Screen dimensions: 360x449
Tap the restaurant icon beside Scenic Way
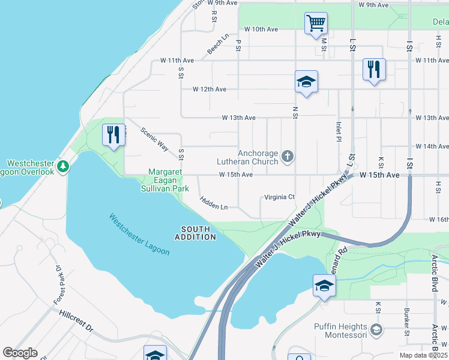(113, 135)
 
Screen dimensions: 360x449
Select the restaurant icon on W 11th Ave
(373, 70)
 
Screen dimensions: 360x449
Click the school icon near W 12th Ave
(306, 82)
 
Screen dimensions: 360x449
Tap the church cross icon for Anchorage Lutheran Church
(288, 157)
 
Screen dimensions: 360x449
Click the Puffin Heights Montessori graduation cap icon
(376, 329)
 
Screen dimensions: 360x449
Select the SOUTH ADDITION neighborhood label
(196, 233)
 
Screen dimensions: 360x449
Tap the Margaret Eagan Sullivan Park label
(165, 181)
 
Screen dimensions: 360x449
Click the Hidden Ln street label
(214, 203)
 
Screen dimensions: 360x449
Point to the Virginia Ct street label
(280, 197)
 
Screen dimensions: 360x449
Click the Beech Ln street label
(218, 44)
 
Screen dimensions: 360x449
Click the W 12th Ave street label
(209, 89)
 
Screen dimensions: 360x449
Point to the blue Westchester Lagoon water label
(139, 235)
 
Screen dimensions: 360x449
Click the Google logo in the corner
(20, 353)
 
